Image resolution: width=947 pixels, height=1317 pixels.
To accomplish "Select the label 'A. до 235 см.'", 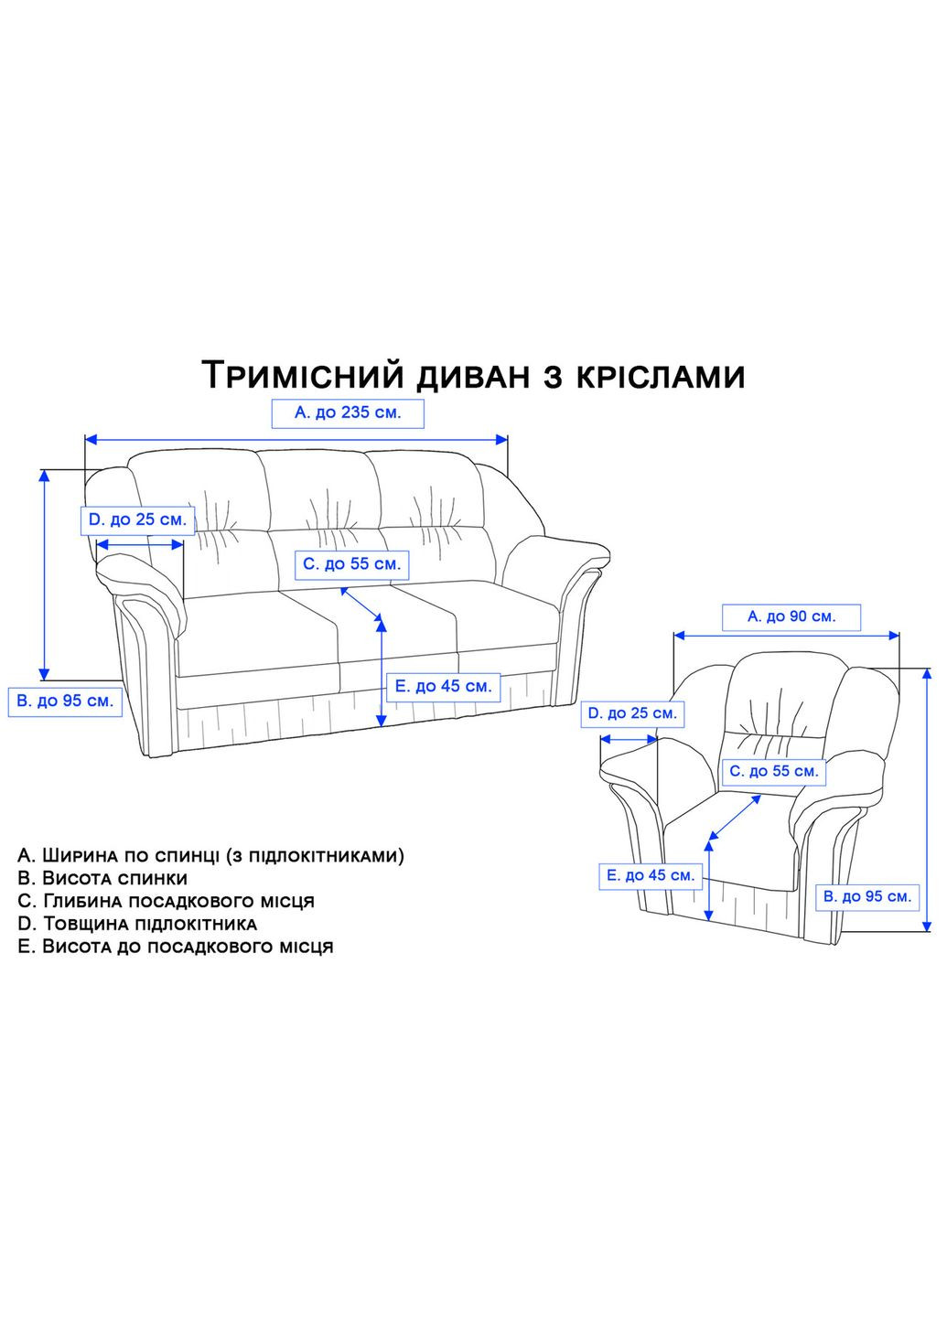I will point(349,413).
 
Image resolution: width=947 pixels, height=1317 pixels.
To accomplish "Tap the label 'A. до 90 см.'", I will point(791,617).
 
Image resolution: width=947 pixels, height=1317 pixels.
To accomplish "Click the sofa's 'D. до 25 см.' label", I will point(137,520).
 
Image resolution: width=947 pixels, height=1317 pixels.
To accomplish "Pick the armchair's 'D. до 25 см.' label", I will point(632,713).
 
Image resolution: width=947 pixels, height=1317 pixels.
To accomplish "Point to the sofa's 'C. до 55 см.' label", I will point(352,564).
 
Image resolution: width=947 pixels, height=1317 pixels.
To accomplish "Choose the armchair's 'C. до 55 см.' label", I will point(773,771).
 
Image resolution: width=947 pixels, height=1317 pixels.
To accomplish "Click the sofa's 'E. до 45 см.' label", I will point(443,686).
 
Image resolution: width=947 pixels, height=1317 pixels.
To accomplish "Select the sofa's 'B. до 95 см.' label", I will point(65,701).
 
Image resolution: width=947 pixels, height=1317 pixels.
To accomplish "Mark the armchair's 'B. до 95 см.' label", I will point(867,896).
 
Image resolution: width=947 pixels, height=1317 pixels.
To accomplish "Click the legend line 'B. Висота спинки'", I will point(102,879).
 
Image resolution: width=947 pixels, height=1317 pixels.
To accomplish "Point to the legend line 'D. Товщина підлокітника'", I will point(137,924).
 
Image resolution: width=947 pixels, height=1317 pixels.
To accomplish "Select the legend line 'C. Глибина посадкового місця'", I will point(166,901).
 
